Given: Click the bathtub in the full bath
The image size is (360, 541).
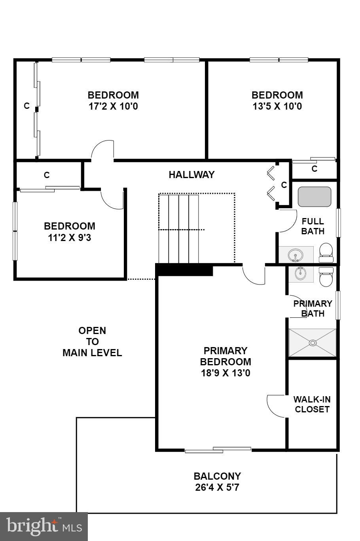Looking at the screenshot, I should (x=314, y=197).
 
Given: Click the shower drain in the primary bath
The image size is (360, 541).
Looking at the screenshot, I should (x=313, y=343).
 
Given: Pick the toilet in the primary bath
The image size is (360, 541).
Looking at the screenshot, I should (x=326, y=277).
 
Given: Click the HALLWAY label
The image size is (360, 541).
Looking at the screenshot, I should (x=191, y=175).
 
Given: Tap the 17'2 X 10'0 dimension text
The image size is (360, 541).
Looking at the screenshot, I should (x=113, y=106).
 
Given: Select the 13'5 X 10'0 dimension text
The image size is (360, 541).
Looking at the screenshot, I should (x=277, y=106).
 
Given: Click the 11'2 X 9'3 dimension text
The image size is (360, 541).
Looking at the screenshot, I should (x=70, y=238).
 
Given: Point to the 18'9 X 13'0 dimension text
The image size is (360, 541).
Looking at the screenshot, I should (x=225, y=373).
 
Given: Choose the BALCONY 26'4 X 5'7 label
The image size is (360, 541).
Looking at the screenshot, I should (x=217, y=482).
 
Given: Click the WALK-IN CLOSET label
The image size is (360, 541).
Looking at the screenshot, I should (x=312, y=404).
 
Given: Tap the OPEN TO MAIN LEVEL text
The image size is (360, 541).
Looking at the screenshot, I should (x=92, y=342).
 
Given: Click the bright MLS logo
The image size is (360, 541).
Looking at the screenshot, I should (x=44, y=526).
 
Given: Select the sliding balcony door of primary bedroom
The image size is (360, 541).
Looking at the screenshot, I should (x=218, y=450).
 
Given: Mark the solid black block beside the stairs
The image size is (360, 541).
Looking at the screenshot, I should (x=184, y=270).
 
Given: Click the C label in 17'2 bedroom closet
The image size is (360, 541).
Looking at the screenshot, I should (x=27, y=106).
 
